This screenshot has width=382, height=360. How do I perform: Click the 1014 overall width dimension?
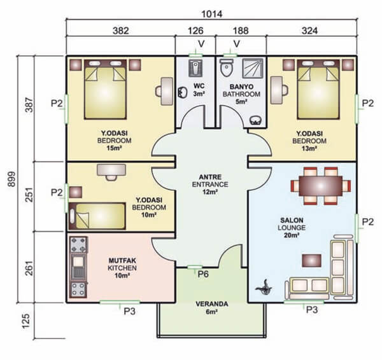click(x=211, y=14)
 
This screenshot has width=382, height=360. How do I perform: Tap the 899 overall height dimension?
click(x=11, y=179)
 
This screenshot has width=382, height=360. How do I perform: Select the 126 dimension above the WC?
click(x=195, y=31)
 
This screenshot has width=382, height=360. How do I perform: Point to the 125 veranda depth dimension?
click(x=26, y=321)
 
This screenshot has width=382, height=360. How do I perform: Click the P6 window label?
click(x=203, y=274)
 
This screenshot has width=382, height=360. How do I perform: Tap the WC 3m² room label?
click(x=199, y=90)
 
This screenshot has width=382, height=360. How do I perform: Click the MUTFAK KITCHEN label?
click(x=122, y=268)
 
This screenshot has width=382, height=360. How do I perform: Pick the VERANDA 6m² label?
click(x=212, y=308)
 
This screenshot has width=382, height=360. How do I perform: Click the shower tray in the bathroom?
click(x=252, y=68)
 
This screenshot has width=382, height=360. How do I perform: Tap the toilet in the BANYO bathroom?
click(x=226, y=67)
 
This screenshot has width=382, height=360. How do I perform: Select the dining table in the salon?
click(x=321, y=186)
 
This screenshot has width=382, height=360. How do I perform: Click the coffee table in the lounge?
click(x=311, y=260)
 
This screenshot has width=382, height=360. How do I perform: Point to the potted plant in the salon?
click(x=264, y=287)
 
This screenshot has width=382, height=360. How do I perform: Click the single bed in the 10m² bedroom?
click(x=97, y=216)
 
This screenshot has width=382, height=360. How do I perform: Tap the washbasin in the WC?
click(x=182, y=92)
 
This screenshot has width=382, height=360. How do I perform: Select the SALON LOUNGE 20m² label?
click(x=292, y=228)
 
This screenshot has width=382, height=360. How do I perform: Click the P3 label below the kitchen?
click(x=130, y=311)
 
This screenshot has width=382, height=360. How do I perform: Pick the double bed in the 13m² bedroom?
click(x=318, y=90)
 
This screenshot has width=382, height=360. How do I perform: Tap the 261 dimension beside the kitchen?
click(x=29, y=268)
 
